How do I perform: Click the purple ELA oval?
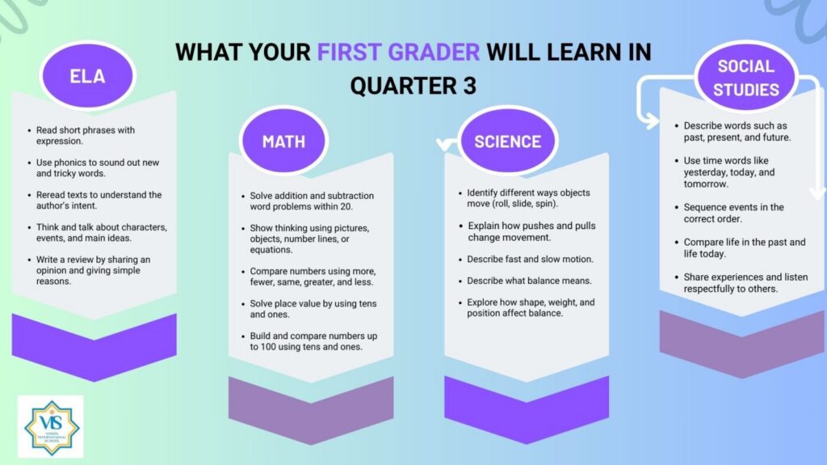(x=87, y=75)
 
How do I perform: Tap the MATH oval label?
(x=283, y=141)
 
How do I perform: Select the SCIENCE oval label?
(x=507, y=141)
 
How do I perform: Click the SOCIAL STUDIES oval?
(x=745, y=78)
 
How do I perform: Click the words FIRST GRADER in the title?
(x=398, y=52)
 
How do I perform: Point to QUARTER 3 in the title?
(x=413, y=86)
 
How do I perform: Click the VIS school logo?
(x=51, y=427)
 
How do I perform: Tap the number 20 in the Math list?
(x=346, y=206)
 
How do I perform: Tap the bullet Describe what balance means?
(x=529, y=281)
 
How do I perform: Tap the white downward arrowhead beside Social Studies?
(x=817, y=192)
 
